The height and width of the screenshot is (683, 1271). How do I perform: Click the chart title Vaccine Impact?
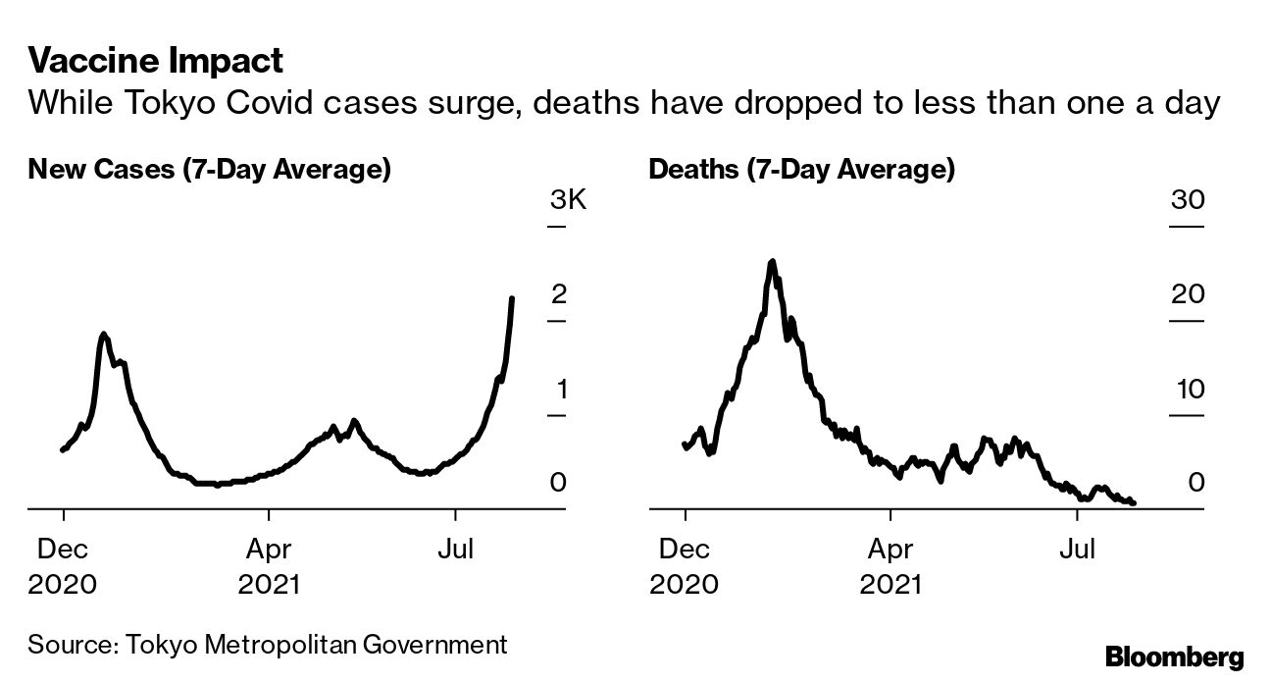click(x=156, y=61)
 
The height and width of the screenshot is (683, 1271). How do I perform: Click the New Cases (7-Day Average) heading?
click(x=210, y=170)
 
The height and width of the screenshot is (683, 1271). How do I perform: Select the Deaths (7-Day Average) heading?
click(x=801, y=170)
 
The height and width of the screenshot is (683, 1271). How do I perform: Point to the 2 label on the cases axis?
click(x=559, y=294)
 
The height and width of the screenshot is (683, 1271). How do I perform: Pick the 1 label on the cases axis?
click(x=561, y=390)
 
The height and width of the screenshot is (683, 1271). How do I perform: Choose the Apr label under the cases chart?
click(x=268, y=548)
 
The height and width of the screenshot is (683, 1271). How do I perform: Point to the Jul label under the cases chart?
click(x=455, y=548)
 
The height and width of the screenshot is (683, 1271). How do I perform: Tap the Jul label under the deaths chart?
click(x=1077, y=548)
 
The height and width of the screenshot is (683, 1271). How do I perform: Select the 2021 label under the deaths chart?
click(x=890, y=585)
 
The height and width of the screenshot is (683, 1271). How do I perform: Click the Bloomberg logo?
click(x=1174, y=657)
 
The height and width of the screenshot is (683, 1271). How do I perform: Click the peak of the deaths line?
click(x=772, y=262)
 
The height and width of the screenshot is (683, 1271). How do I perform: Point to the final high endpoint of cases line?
click(x=512, y=298)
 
